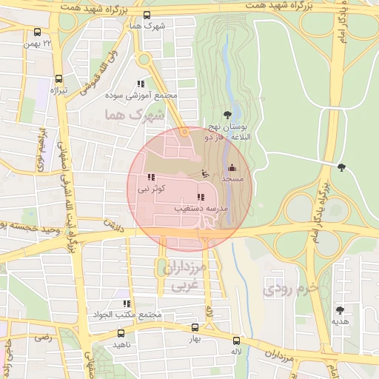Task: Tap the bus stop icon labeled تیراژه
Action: point(59,79)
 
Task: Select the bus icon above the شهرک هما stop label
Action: point(147,16)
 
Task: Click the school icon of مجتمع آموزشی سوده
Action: point(141,84)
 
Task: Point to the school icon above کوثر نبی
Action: point(152,178)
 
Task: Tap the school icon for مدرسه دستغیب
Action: point(201,197)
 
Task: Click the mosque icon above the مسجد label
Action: point(232,168)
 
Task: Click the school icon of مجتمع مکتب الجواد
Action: point(127,303)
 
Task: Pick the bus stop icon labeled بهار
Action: point(195,327)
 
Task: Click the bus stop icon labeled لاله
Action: point(237,341)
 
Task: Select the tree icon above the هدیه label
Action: point(340,310)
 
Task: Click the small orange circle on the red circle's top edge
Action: point(184,132)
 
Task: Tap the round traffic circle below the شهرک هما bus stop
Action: point(144,59)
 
